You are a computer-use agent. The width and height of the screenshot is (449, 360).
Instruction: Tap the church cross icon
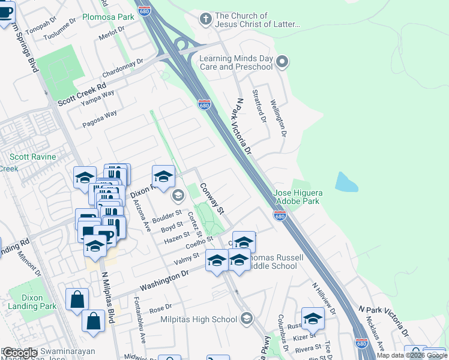pos(206,19)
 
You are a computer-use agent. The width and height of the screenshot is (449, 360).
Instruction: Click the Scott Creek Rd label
pos(82,95)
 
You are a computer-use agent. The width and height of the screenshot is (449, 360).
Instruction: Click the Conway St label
pos(212,199)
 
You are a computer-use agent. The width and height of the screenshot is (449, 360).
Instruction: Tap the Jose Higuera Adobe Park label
pos(298,197)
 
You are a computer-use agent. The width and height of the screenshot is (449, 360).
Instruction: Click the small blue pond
pos(346,182)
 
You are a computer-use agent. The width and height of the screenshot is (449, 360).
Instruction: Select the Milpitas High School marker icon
pos(246,319)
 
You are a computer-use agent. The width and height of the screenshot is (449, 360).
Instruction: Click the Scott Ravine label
pos(32,157)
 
